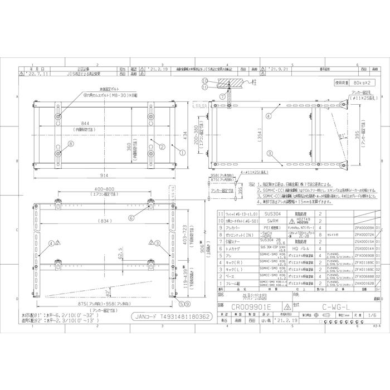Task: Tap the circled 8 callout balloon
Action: click(71, 144)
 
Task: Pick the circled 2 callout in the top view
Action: click(159, 146)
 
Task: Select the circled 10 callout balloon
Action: click(204, 81)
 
